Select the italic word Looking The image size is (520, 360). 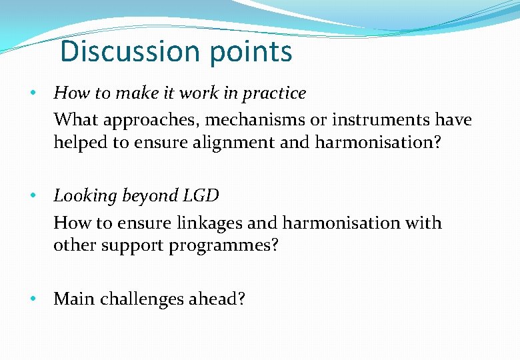[x=80, y=197]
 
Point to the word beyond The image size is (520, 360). [x=145, y=197]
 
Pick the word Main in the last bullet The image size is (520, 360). [x=74, y=299]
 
